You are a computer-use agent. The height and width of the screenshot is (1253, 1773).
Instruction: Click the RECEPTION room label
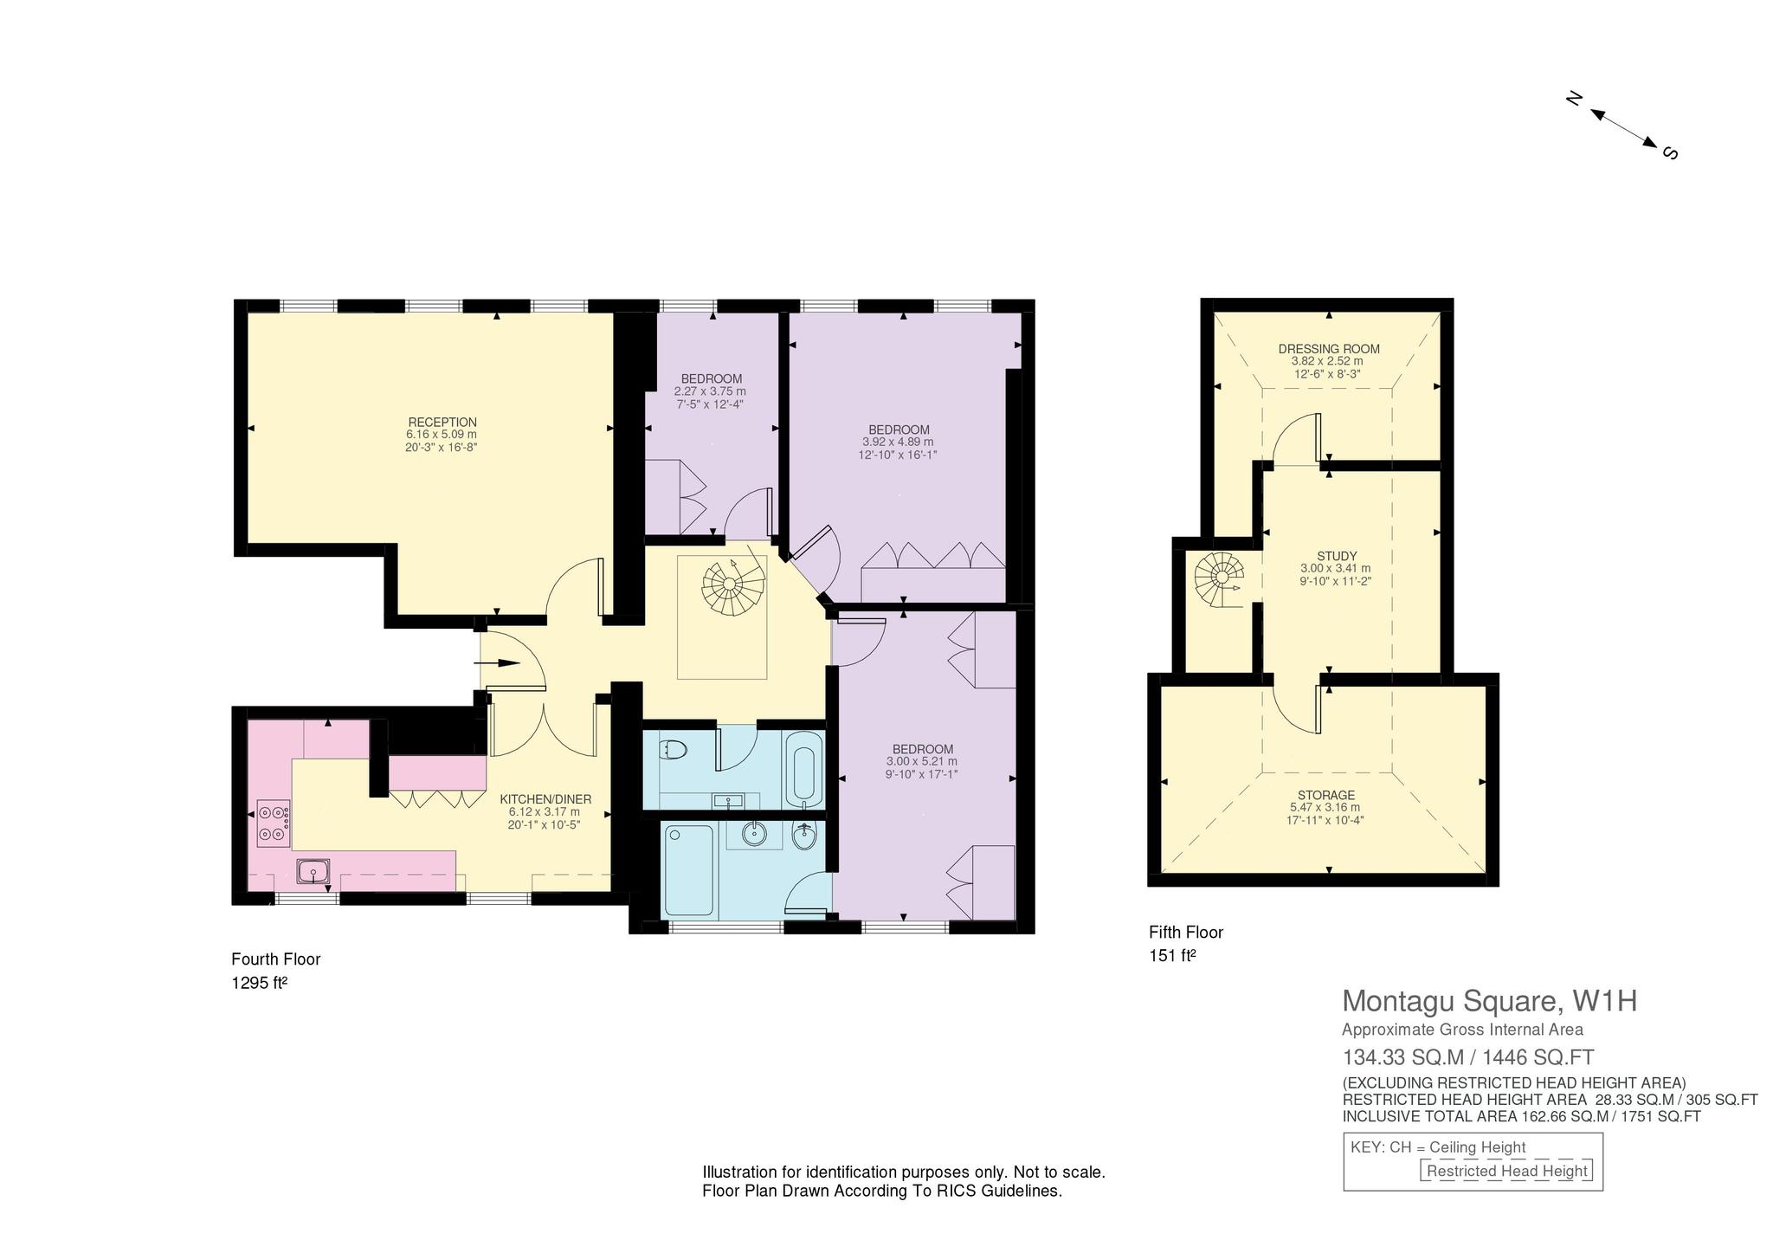tap(442, 423)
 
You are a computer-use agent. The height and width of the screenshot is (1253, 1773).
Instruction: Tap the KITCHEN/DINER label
tap(545, 799)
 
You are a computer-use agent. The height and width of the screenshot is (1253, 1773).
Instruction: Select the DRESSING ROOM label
tap(1329, 349)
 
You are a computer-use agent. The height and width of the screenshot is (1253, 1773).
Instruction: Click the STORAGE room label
tap(1326, 795)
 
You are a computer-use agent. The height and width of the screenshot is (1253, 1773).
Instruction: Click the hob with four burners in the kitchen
tap(274, 823)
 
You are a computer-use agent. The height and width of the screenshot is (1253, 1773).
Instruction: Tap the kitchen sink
tap(313, 870)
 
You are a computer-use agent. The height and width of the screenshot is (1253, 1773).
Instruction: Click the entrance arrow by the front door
tap(498, 663)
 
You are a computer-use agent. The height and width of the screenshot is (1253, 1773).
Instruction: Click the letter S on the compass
tap(1670, 153)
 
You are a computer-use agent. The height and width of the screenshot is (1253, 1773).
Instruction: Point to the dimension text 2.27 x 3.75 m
tap(710, 391)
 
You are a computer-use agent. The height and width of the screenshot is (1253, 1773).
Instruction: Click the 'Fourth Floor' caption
tap(276, 959)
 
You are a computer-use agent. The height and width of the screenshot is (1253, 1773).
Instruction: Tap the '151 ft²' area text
tap(1173, 956)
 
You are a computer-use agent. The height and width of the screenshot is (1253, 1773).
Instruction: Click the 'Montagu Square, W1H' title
tap(1489, 1001)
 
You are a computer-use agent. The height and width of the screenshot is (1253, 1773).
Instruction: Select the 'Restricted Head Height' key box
tap(1507, 1172)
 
